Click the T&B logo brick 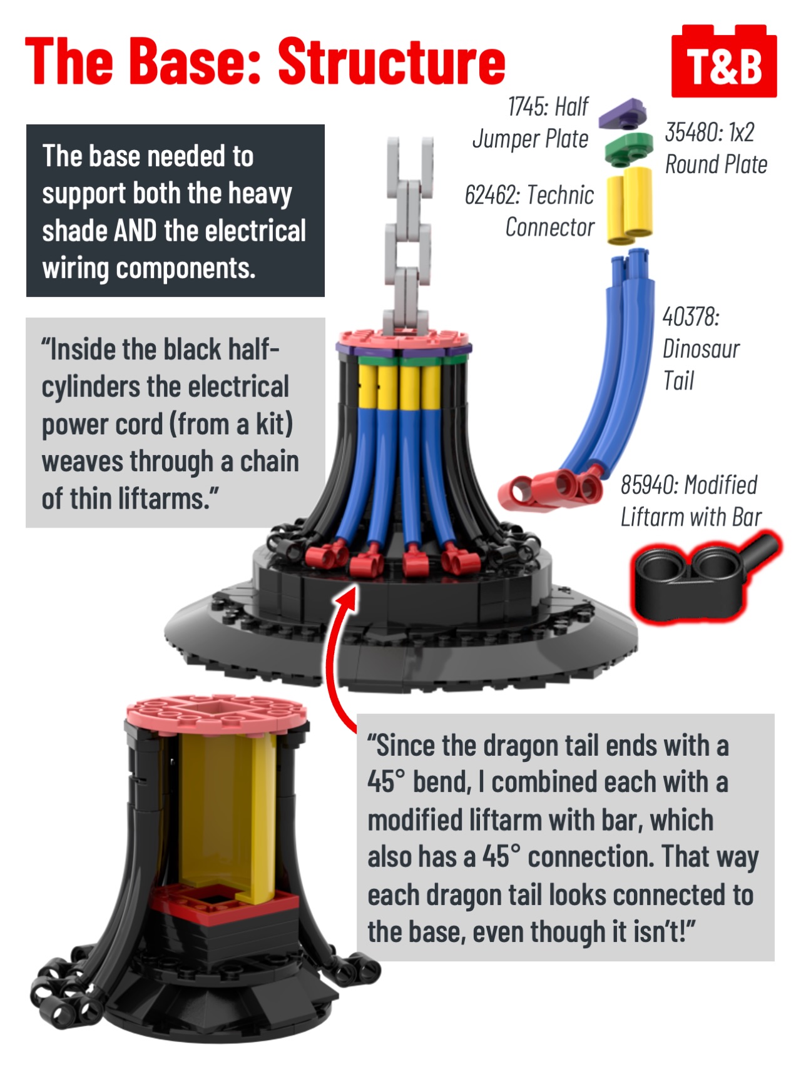(x=724, y=61)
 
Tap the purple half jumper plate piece (x=622, y=114)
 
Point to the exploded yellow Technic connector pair (x=630, y=206)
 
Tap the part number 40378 (x=691, y=316)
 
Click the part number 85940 (x=649, y=485)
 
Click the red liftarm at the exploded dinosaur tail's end (x=549, y=488)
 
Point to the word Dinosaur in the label (x=701, y=349)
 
